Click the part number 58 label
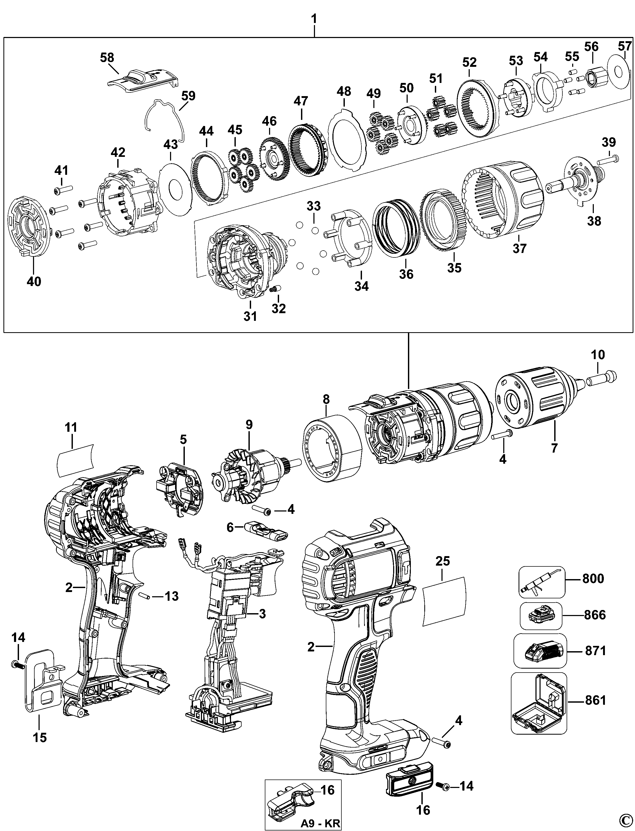click(107, 58)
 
